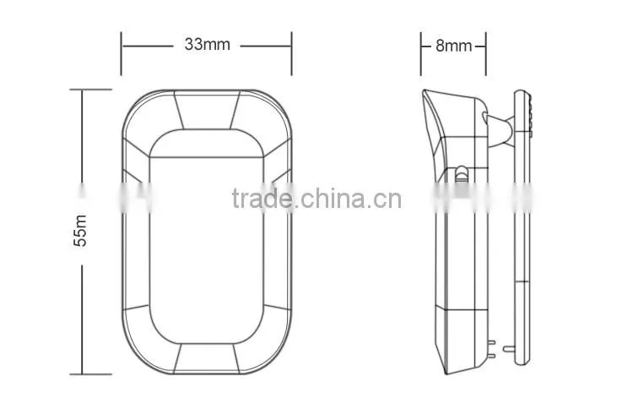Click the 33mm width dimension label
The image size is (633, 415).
[207, 44]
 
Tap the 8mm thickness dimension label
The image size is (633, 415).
[453, 46]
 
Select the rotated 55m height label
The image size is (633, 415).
[80, 231]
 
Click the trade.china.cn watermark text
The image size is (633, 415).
[316, 199]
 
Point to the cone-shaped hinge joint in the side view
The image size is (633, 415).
[500, 130]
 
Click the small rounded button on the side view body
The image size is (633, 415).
[461, 174]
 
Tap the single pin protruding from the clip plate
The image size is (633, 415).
[509, 348]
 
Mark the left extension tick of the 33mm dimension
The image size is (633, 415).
[121, 54]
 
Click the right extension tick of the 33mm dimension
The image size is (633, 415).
[291, 54]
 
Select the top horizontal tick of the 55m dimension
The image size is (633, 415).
[91, 90]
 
